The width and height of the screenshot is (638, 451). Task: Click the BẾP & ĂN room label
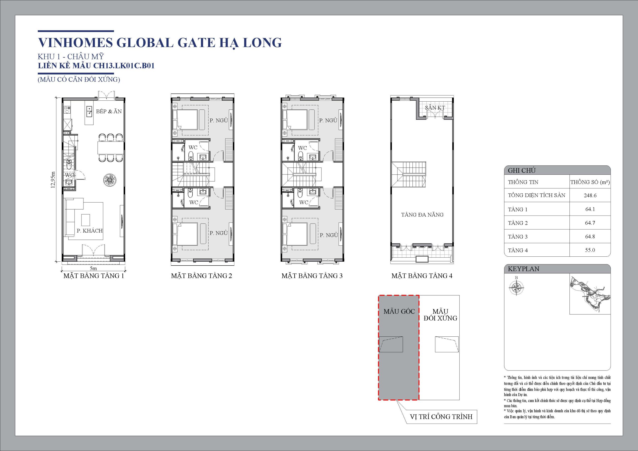[109, 111]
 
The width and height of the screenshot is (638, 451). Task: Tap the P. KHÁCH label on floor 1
[90, 231]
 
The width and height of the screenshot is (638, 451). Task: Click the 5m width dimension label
[93, 268]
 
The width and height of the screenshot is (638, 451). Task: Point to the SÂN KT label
[435, 108]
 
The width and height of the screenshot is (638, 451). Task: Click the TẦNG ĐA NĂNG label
[422, 215]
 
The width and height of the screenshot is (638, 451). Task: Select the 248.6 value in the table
[590, 195]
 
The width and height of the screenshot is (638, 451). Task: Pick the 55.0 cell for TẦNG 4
[590, 250]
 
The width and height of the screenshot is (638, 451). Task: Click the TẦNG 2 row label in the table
[518, 223]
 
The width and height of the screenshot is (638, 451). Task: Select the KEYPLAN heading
[524, 269]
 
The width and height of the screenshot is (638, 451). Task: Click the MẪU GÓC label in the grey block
[399, 311]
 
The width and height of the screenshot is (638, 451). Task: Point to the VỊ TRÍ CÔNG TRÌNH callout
[441, 417]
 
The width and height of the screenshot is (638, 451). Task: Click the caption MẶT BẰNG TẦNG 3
[312, 276]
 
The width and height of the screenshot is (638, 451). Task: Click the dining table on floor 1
[110, 148]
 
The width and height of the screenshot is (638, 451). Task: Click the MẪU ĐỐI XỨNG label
[440, 315]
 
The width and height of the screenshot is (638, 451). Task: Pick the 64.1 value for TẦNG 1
[590, 209]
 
